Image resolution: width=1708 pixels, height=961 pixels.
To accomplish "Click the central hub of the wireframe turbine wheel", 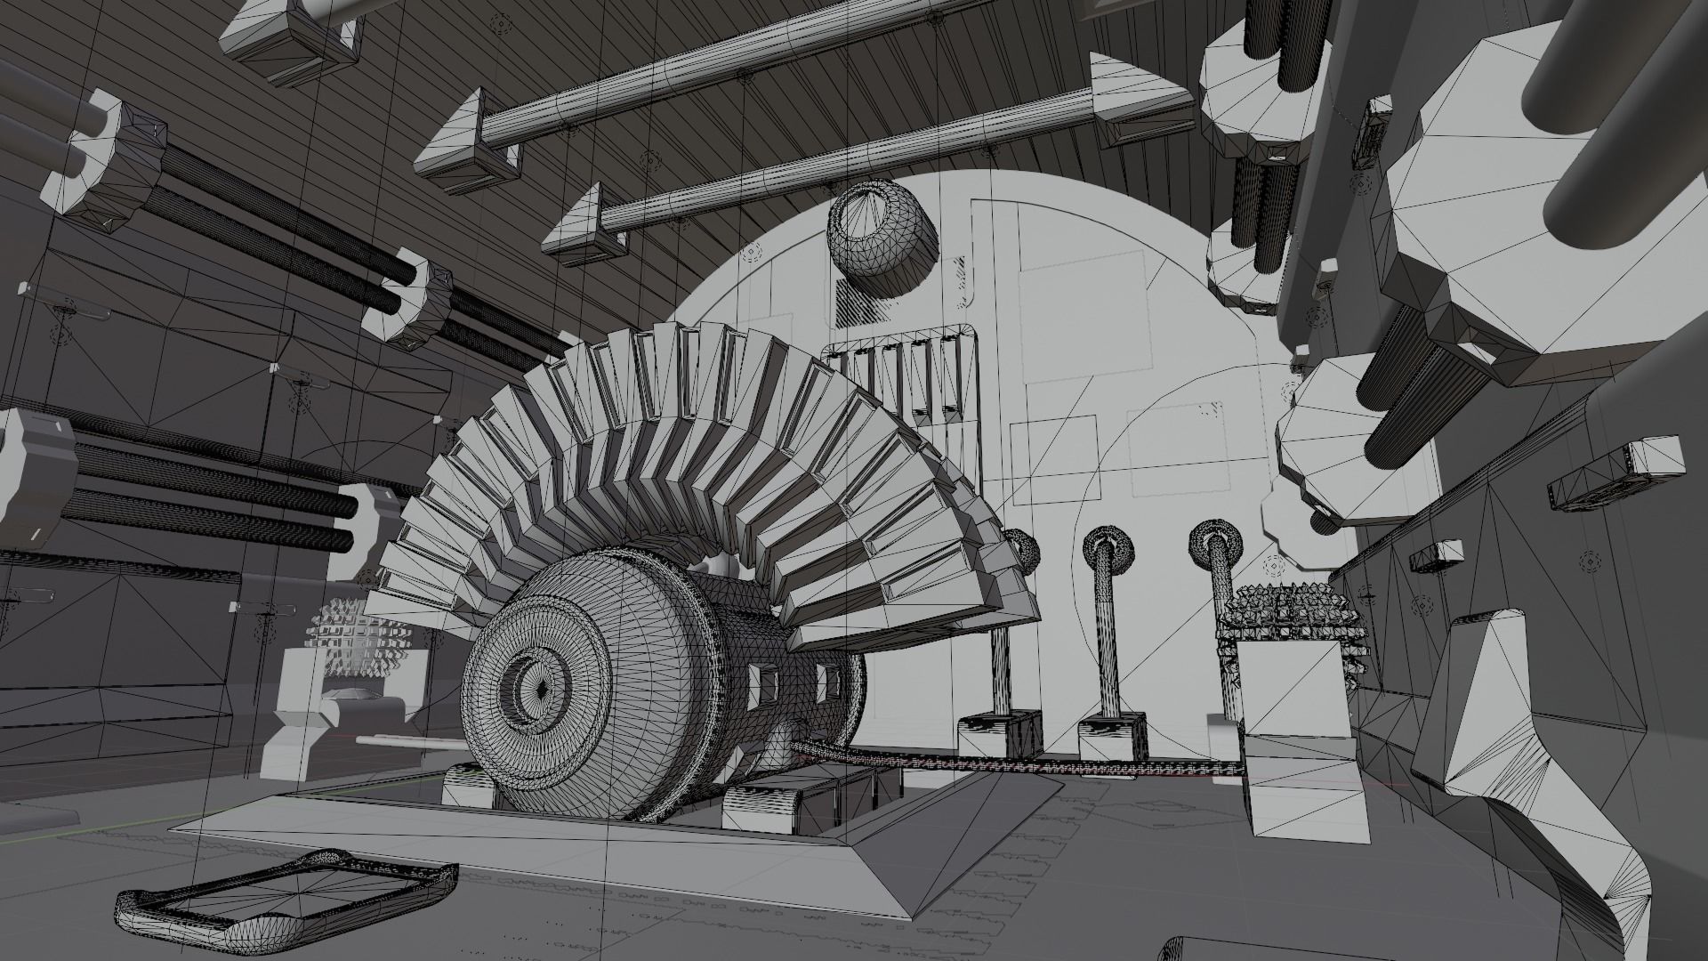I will pyautogui.click(x=540, y=687).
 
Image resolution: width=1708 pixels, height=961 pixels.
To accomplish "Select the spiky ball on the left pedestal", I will pyautogui.click(x=360, y=637).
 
